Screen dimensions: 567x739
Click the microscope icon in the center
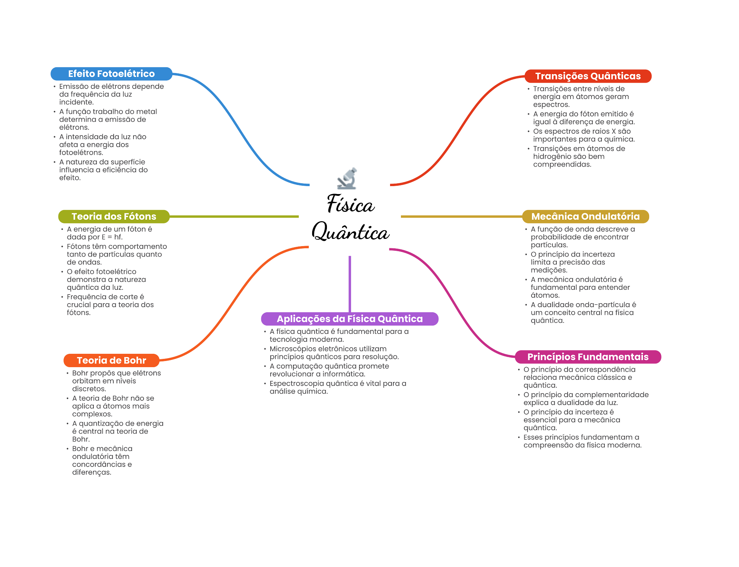coord(347,179)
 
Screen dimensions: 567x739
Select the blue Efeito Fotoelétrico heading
coord(111,74)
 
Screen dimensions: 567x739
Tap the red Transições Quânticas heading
coord(587,76)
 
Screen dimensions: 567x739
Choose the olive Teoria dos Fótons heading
coord(114,216)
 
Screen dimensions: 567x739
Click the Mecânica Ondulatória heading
coord(585,216)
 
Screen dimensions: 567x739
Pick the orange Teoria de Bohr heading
coord(111,360)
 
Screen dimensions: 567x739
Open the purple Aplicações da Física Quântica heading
coord(349,319)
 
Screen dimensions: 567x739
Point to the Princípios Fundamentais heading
coord(587,357)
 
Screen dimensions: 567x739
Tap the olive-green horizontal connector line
coord(235,217)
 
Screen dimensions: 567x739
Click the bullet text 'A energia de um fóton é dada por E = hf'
coord(109,233)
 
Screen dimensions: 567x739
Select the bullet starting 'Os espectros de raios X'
coord(583,135)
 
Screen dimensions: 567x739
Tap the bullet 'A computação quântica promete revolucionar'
coord(329,370)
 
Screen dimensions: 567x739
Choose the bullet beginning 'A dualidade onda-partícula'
coord(583,312)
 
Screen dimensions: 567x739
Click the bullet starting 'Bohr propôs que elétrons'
coord(116,381)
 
